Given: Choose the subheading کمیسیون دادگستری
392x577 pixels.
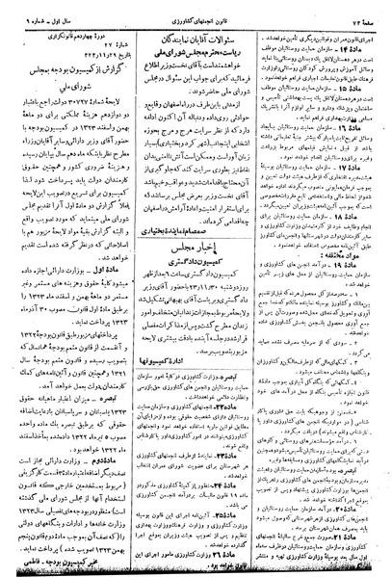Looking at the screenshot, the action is click(203, 262).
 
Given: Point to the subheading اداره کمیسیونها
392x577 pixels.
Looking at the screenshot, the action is click(201, 367).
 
